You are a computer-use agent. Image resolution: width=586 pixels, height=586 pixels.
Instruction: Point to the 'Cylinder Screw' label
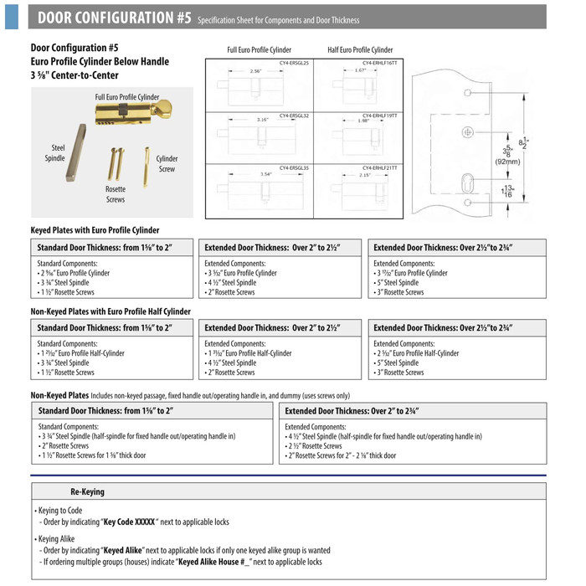pos(167,163)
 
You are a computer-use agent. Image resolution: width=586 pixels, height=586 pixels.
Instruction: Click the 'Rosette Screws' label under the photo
pos(116,194)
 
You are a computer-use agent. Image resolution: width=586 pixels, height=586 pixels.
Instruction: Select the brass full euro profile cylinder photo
pos(132,113)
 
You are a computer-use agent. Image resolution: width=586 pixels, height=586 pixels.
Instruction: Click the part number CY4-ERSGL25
pos(294,64)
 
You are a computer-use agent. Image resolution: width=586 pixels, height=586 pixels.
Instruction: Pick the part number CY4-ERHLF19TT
pos(380,116)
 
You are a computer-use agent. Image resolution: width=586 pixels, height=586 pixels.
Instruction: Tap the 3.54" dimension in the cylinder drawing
pos(265,174)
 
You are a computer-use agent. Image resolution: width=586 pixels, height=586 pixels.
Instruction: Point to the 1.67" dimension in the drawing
pos(362,71)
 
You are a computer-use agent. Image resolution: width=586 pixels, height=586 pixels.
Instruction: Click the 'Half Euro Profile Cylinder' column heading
pos(360,50)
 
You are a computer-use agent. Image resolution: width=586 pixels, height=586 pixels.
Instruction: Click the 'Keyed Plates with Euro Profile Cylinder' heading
pos(95,230)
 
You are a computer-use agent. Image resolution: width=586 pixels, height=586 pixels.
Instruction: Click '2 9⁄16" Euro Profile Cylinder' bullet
pos(75,273)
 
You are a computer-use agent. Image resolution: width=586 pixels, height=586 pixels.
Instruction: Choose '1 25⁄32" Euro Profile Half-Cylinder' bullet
pos(82,353)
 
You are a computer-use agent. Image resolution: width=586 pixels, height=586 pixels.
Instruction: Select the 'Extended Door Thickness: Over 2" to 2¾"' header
pos(352,411)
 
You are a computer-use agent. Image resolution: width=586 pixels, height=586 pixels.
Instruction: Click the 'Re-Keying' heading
pos(88,491)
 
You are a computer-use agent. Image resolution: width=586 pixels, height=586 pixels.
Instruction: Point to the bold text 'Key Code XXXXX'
pos(129,522)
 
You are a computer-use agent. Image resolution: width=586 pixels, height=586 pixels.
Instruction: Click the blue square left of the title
pos(12,17)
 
